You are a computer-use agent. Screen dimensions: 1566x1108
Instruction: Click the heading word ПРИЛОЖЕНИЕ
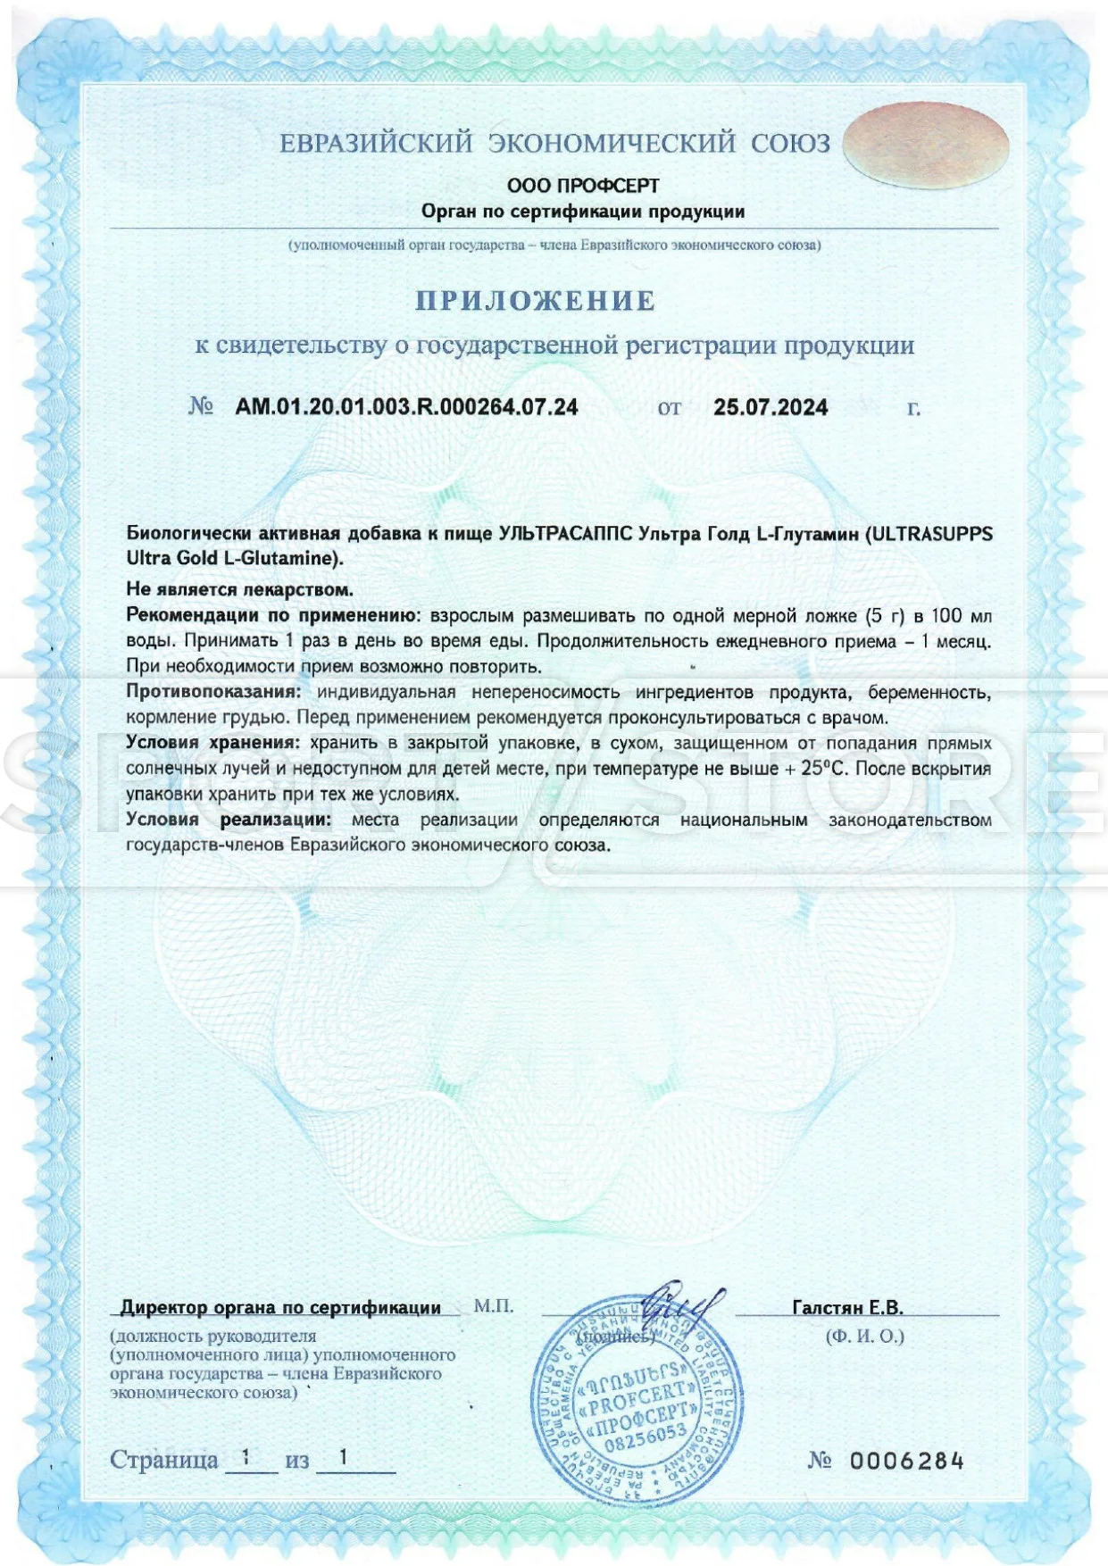[536, 301]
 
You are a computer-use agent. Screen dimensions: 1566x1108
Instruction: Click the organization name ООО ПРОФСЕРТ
[583, 186]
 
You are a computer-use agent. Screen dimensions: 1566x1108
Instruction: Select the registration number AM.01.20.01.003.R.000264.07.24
[406, 407]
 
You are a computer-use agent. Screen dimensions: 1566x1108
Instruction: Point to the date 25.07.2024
[771, 408]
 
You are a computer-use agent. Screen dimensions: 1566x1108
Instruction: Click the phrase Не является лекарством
[239, 589]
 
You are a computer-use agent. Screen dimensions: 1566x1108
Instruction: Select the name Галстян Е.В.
[847, 1307]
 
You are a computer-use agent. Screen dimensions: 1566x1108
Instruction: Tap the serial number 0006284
[906, 1461]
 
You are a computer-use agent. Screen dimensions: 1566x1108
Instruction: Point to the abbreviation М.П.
[493, 1306]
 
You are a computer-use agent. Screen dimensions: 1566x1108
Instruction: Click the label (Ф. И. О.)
[864, 1337]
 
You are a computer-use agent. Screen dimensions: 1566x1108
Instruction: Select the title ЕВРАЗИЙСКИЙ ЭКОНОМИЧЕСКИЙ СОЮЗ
[554, 143]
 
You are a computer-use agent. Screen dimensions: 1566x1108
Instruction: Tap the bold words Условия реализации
[229, 820]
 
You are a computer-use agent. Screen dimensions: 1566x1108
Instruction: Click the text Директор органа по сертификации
[280, 1307]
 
